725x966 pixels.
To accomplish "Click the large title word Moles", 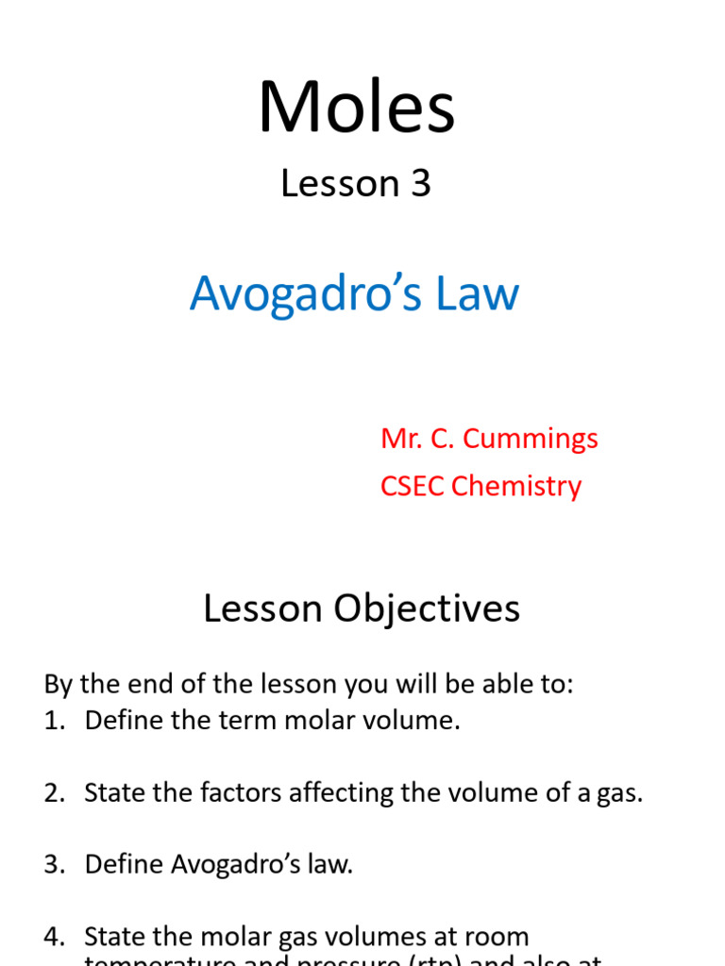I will (357, 108).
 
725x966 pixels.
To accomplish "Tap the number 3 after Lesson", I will (420, 184).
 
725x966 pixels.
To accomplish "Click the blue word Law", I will (476, 293).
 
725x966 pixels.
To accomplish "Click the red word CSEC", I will (413, 486).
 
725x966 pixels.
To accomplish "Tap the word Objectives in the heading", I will (425, 609).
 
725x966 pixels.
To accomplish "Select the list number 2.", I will (52, 792).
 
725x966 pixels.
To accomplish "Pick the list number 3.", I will (52, 864).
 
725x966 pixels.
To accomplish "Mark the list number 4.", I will (52, 937).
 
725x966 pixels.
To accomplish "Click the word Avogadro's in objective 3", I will (226, 864).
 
